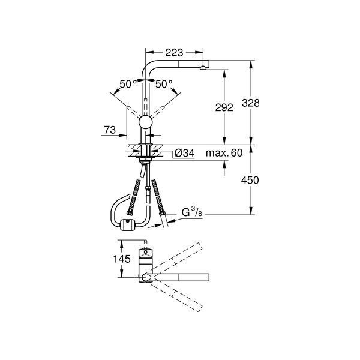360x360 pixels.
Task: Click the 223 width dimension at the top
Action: [174, 52]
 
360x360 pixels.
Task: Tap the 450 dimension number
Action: [253, 180]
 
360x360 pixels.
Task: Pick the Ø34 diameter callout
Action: [184, 154]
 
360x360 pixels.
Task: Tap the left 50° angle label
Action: [127, 85]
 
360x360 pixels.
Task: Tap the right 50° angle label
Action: [164, 85]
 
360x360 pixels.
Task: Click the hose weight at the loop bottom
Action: [127, 226]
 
